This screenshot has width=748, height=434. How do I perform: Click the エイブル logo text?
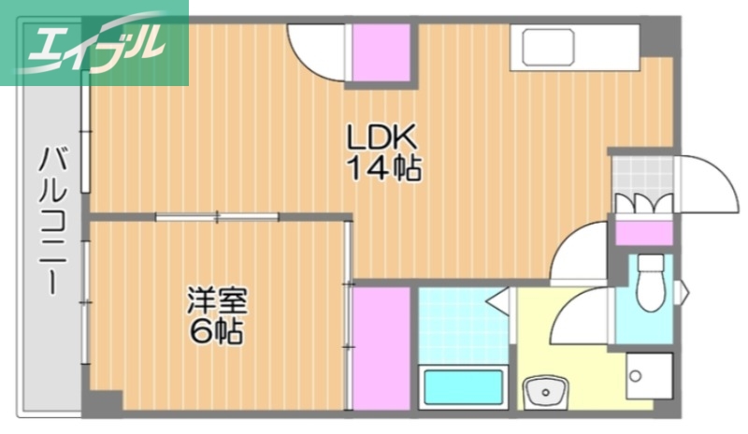(x=93, y=42)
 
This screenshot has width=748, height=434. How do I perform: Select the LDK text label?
(x=381, y=137)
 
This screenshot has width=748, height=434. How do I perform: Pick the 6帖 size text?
(x=217, y=331)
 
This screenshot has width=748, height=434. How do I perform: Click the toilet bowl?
(x=650, y=286)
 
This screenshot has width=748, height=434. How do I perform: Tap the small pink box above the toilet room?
(x=642, y=231)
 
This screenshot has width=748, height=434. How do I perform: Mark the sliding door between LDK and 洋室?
(x=218, y=217)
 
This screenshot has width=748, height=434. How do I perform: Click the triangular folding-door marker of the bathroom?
(x=499, y=301)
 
